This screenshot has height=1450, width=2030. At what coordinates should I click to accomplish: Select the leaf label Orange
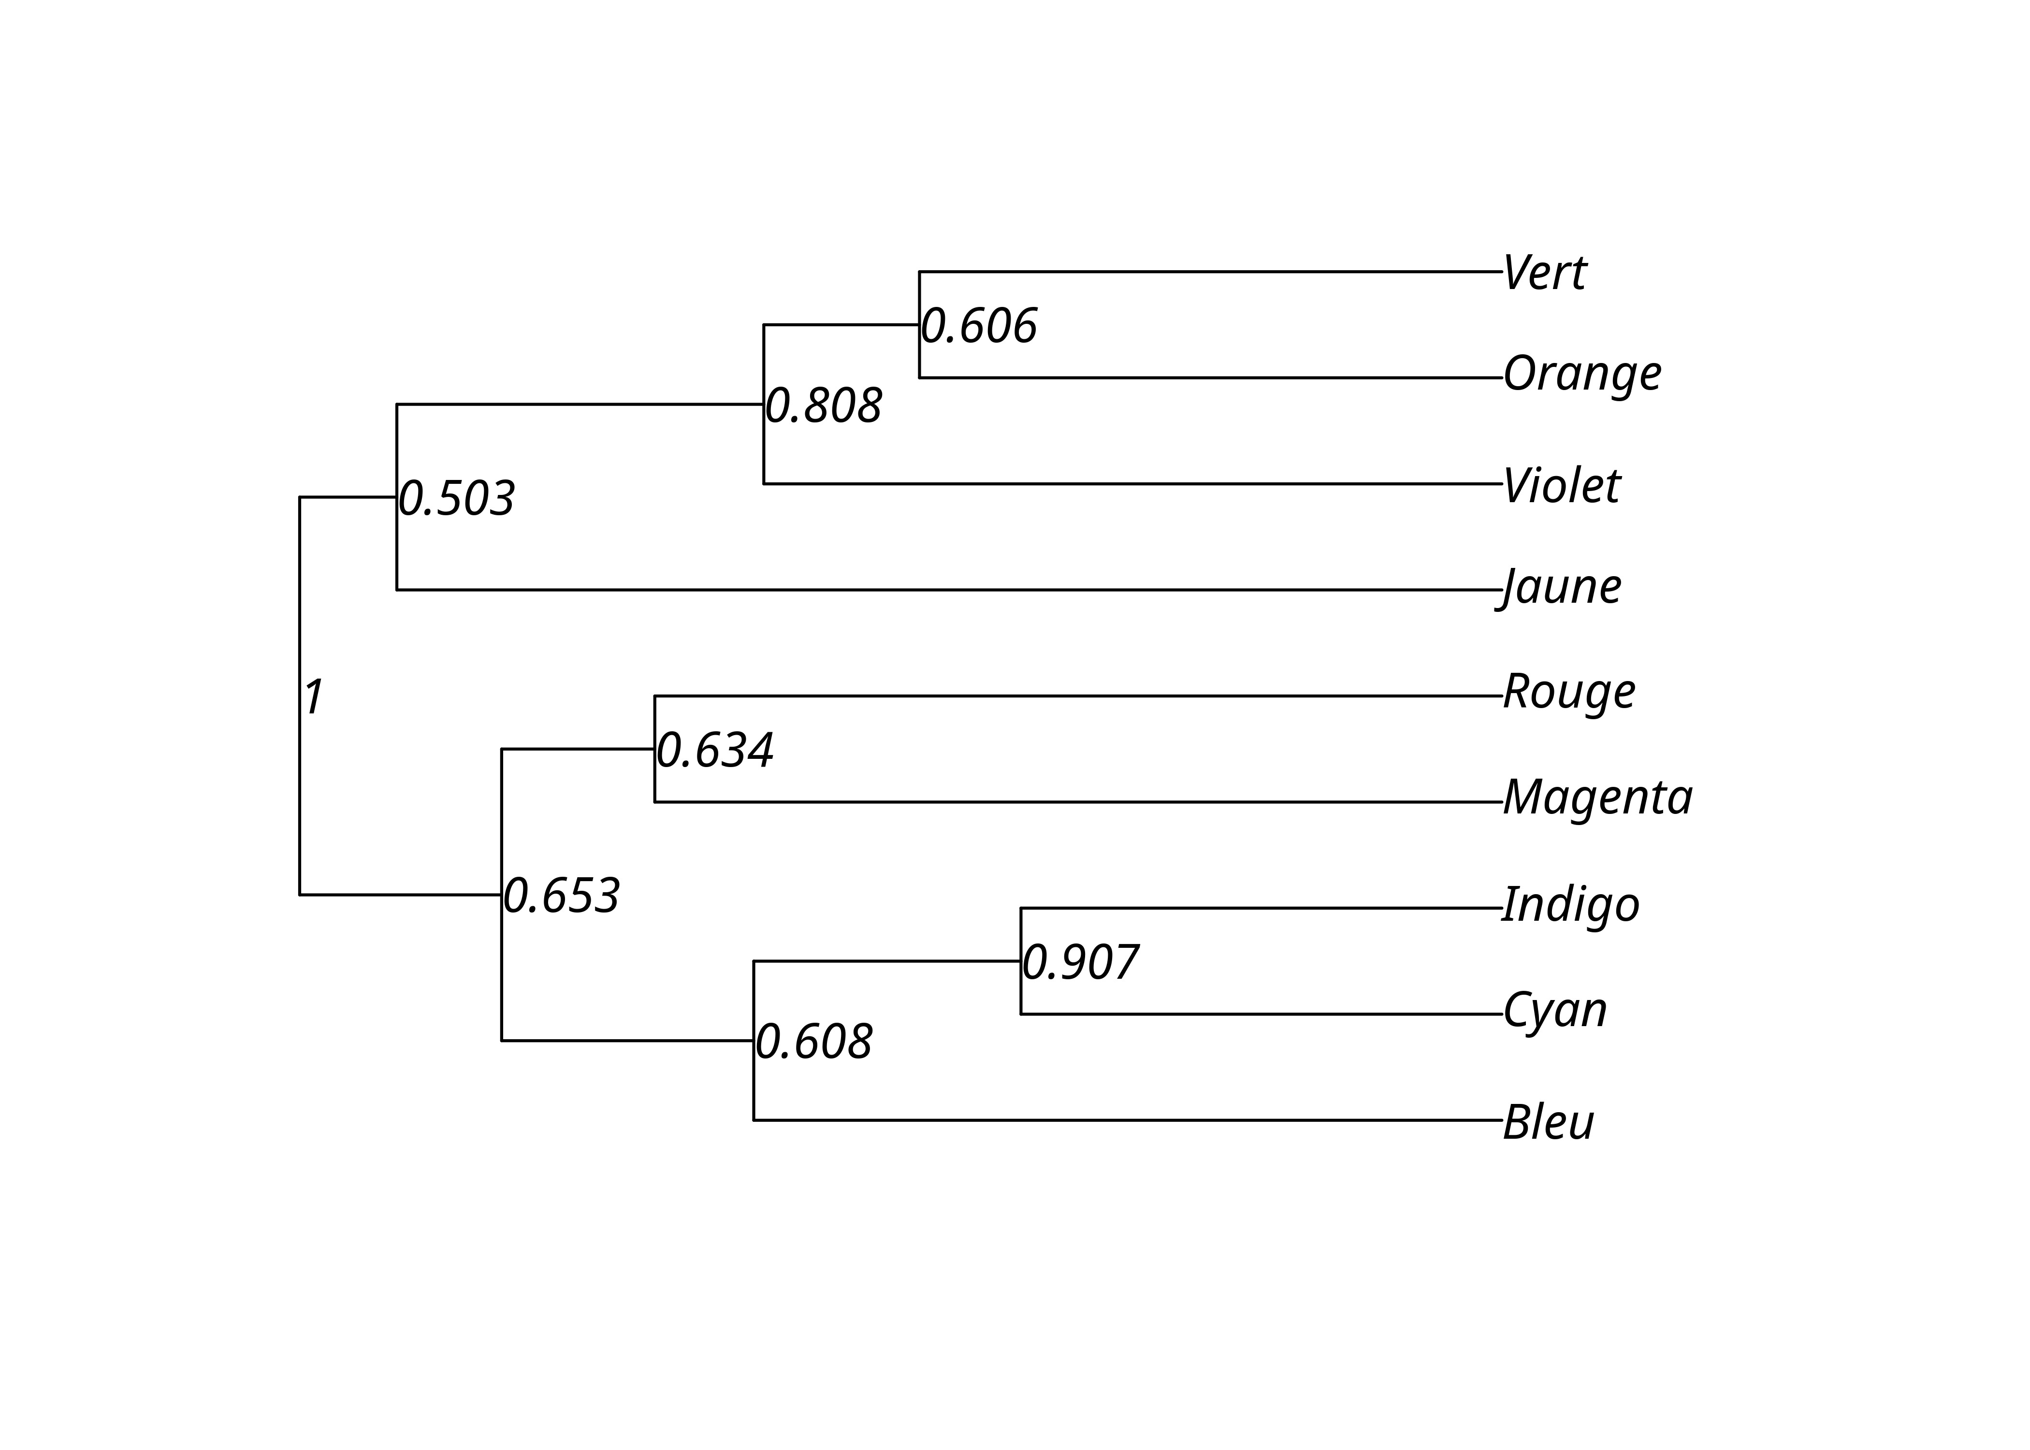1582,374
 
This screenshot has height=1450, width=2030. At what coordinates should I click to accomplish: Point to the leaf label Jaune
1560,588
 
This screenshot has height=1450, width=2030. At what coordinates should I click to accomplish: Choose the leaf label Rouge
1568,693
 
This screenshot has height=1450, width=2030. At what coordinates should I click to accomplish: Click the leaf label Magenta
1597,797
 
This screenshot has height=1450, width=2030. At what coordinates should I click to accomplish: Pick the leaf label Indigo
1570,905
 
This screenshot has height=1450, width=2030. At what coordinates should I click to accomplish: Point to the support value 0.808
823,406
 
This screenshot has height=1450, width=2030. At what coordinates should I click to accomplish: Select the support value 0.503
456,499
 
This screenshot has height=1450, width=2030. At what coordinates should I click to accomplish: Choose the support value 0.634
714,751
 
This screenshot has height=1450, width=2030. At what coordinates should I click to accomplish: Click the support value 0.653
561,897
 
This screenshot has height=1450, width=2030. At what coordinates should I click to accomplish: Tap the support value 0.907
1079,962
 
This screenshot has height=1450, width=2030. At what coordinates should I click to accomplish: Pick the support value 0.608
813,1042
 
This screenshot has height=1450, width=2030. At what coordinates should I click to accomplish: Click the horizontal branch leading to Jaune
946,589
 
